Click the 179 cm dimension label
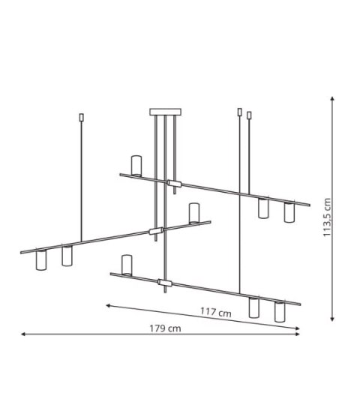point(165,328)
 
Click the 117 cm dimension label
point(216,312)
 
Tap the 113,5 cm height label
point(327,217)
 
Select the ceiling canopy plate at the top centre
point(166,112)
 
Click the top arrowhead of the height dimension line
point(332,98)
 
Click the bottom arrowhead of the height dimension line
point(332,319)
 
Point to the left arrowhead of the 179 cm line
point(23,334)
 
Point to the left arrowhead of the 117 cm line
point(108,305)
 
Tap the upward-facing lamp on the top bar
point(136,166)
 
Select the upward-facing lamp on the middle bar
point(194,213)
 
